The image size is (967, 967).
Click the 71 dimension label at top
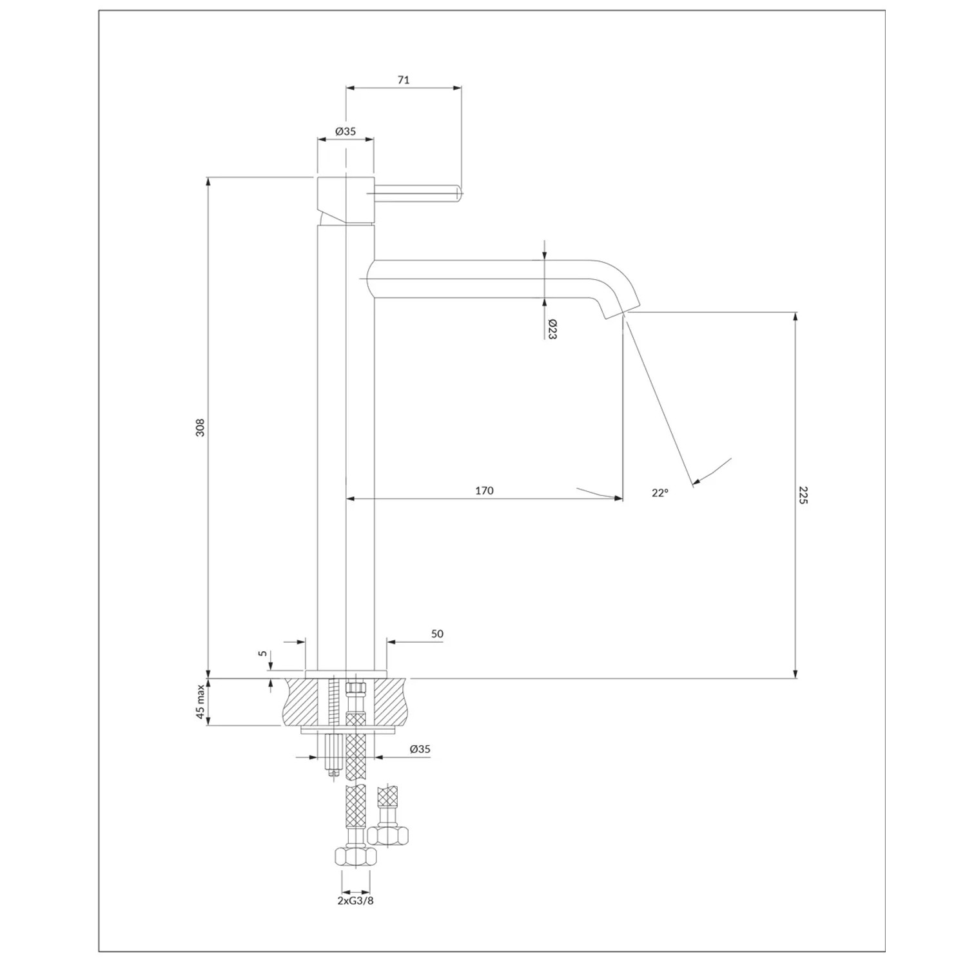[x=404, y=80]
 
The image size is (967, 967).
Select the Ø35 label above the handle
[x=346, y=131]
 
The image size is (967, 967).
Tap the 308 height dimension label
[x=200, y=427]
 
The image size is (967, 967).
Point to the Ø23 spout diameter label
[x=552, y=329]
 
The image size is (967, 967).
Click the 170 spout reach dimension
[x=484, y=491]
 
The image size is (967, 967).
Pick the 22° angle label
[x=659, y=493]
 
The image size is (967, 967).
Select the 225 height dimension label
[x=803, y=495]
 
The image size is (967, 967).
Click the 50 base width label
[x=437, y=634]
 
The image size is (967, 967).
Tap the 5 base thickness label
[x=262, y=653]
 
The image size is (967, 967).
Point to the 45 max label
[x=200, y=701]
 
